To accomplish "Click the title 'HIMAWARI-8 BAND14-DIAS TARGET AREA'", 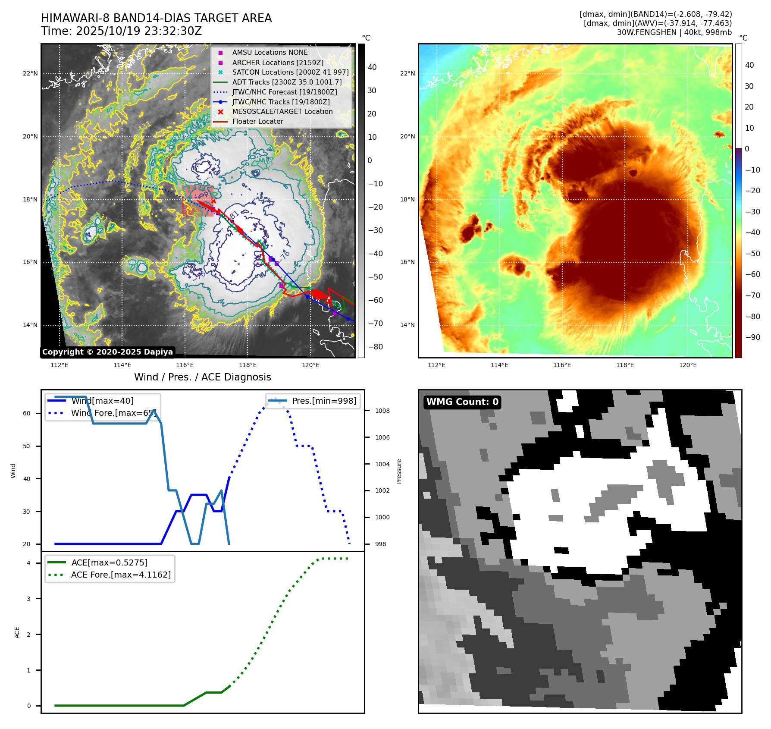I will (x=156, y=18).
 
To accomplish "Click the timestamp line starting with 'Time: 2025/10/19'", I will (x=121, y=31).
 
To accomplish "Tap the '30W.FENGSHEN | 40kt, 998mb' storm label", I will (x=674, y=32).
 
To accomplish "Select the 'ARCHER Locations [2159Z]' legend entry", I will (x=278, y=63).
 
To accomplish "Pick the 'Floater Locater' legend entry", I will (x=257, y=122).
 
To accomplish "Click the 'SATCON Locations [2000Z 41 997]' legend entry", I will (x=290, y=72).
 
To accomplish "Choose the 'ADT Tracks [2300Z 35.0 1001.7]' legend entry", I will (x=287, y=82).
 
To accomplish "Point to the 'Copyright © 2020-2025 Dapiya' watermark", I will (x=107, y=352).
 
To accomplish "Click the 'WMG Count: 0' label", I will (x=462, y=402).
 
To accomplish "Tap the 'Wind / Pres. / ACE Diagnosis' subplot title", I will (x=202, y=377).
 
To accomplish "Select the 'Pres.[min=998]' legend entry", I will (x=324, y=401).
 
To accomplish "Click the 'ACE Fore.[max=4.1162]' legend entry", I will (x=121, y=575).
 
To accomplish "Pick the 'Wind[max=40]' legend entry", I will (x=102, y=401).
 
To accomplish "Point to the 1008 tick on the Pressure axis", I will (x=382, y=411).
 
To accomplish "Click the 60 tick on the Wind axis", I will (x=27, y=413).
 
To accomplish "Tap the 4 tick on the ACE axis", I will (x=28, y=563).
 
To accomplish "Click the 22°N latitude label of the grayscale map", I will (x=30, y=74).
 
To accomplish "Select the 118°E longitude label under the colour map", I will (x=625, y=365).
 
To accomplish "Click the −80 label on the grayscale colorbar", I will (x=375, y=347).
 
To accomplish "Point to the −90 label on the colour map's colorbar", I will (x=752, y=337).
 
